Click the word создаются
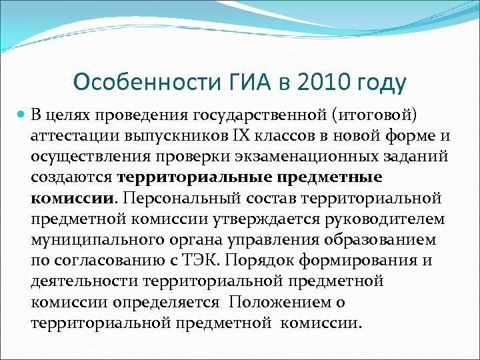(x=72, y=178)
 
